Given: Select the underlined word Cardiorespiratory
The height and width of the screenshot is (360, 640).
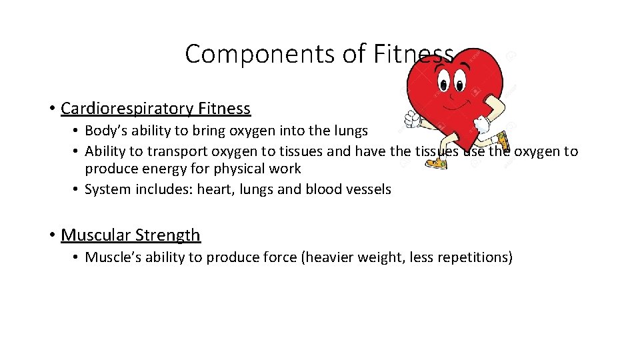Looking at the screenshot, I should (x=127, y=108).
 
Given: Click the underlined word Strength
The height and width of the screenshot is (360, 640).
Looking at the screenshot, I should (x=167, y=235).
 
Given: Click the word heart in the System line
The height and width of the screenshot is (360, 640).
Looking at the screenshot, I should (x=214, y=189).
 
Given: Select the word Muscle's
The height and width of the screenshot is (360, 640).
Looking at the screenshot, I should (x=111, y=257).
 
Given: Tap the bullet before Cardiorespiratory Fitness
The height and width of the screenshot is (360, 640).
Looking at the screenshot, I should (x=51, y=109).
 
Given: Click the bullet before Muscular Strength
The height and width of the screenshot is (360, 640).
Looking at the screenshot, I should (x=51, y=235).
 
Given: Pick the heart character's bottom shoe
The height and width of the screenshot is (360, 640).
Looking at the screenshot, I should (x=436, y=162).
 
